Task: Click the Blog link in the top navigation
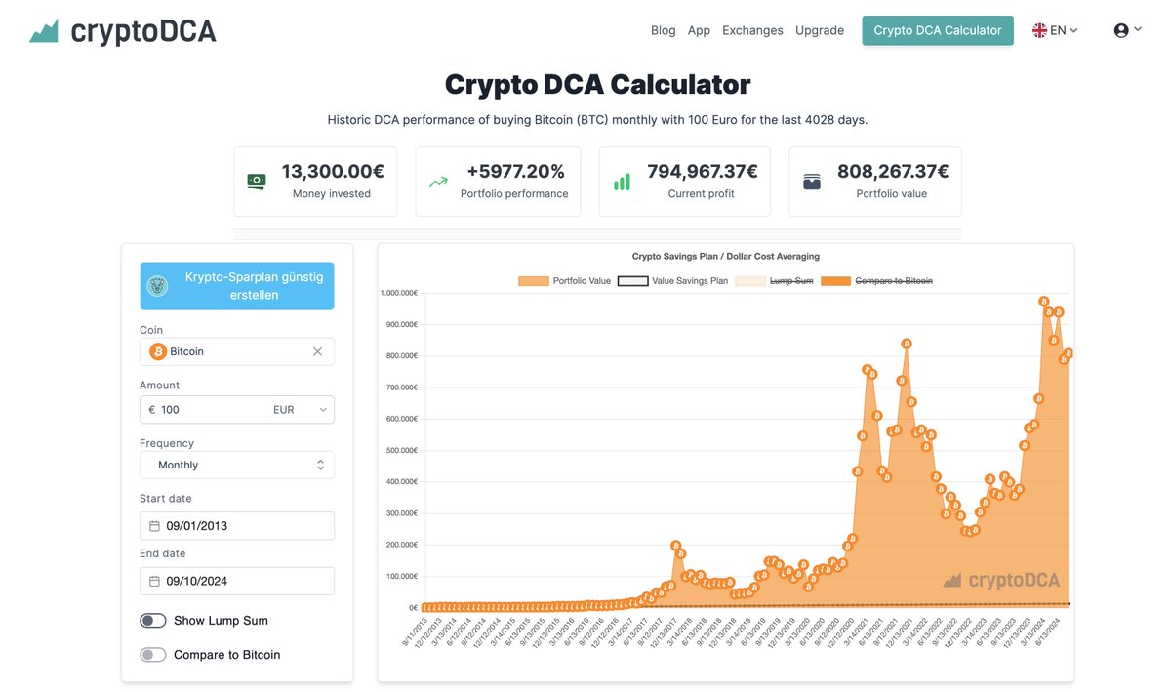(x=663, y=30)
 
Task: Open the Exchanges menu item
(x=752, y=30)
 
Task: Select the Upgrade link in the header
(x=820, y=30)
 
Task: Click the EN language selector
(x=1055, y=30)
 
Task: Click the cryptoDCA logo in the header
(x=123, y=31)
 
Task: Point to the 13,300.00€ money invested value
(x=333, y=172)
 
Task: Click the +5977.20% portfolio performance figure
(x=515, y=172)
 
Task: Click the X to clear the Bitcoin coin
(x=317, y=351)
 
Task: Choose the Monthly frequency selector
(x=237, y=466)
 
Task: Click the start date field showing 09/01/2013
(x=237, y=526)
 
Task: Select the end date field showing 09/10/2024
(x=237, y=582)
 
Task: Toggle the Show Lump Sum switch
(x=153, y=621)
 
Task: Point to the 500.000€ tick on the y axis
(x=402, y=450)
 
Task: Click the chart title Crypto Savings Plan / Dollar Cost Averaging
(x=725, y=256)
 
